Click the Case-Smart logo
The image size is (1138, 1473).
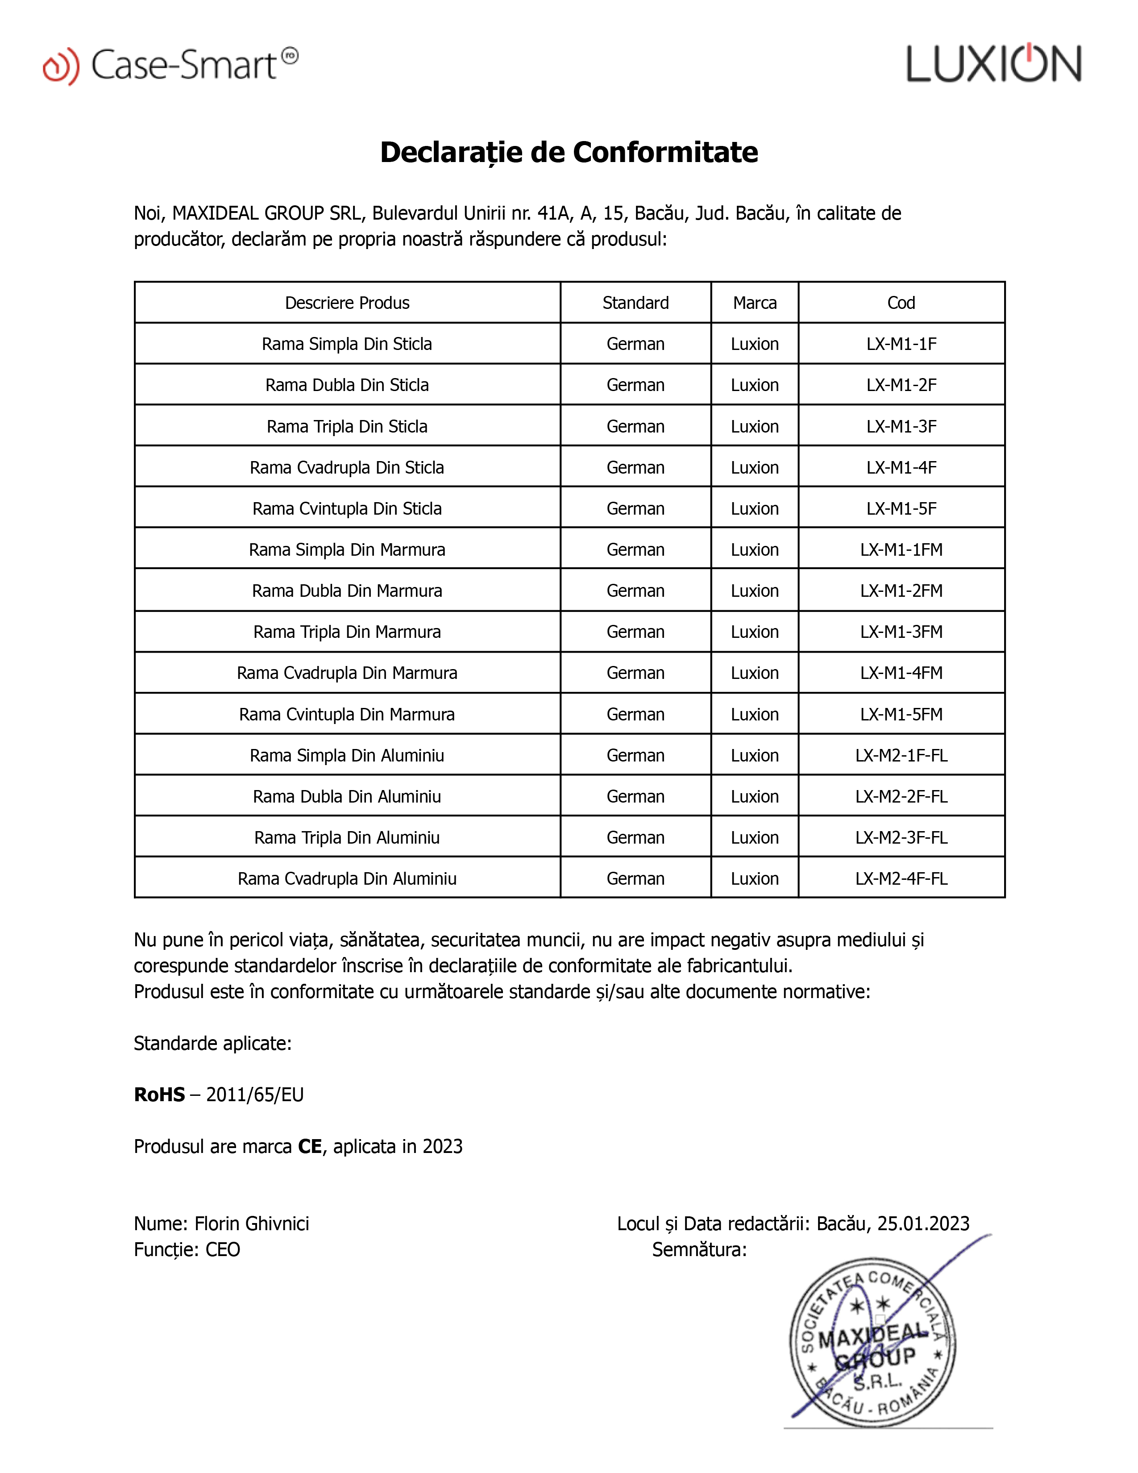tap(170, 66)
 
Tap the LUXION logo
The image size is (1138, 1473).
tap(994, 64)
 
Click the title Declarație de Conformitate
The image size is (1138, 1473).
tap(569, 152)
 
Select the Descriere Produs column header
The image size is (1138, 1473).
tap(347, 303)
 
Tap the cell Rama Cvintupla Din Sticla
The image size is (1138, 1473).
tap(347, 508)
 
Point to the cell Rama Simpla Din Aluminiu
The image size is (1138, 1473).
tap(347, 755)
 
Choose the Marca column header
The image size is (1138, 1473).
tap(754, 303)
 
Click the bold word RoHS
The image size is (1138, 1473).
tap(159, 1094)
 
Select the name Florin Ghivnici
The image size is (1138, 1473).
tap(251, 1223)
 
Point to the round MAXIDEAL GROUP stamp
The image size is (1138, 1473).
tap(872, 1342)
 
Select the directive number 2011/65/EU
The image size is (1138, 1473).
tap(255, 1094)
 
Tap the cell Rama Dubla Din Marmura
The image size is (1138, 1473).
tap(347, 591)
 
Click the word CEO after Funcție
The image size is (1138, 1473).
tap(223, 1250)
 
